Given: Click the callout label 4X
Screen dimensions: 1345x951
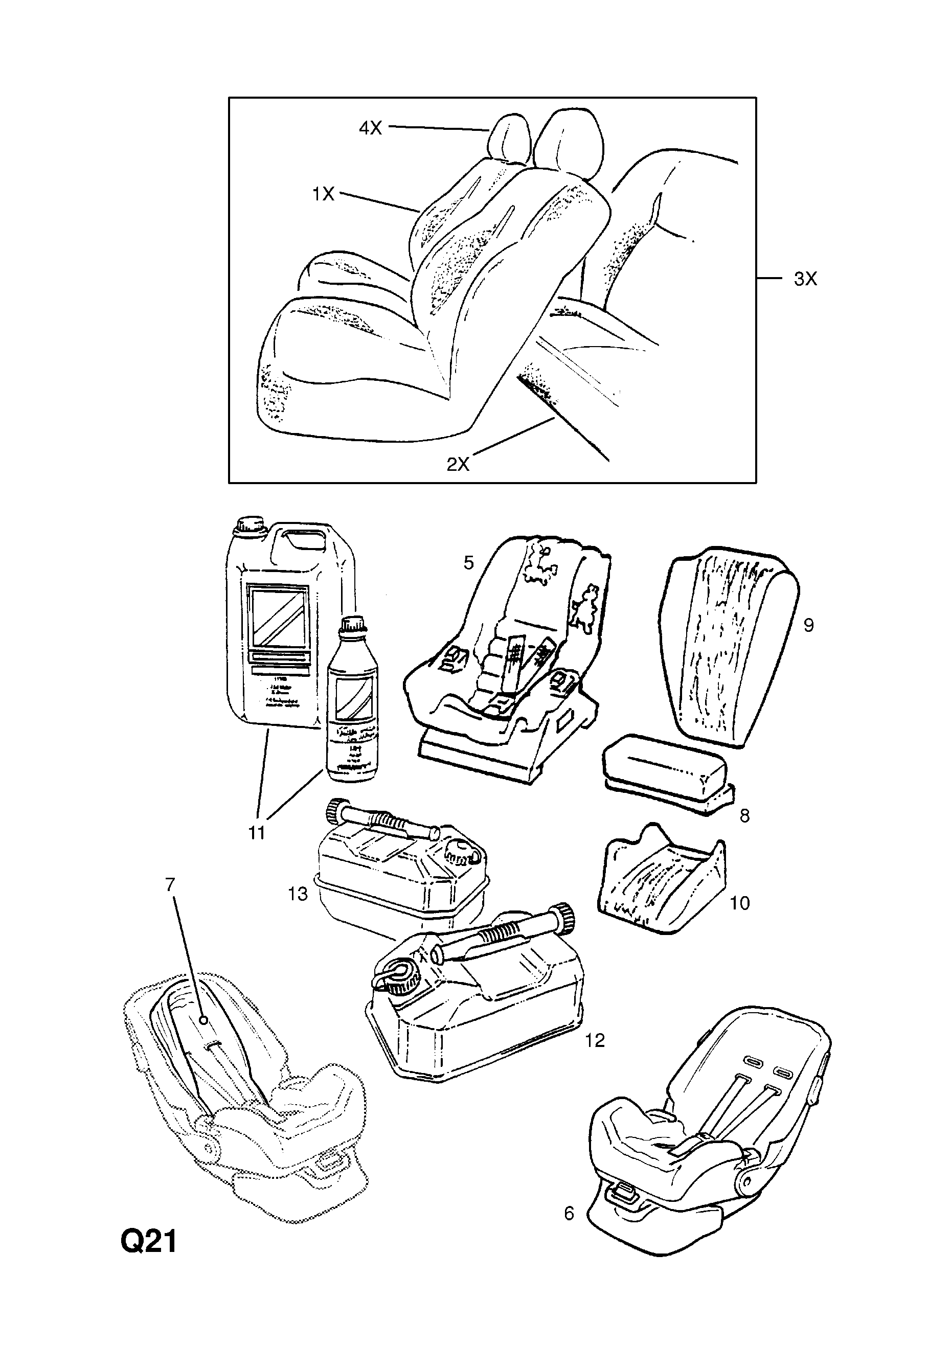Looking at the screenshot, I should (370, 128).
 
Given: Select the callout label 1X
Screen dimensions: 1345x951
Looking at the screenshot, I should (323, 193).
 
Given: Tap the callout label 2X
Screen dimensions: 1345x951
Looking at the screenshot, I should (458, 464).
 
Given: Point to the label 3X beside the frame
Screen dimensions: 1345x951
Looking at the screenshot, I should (805, 279).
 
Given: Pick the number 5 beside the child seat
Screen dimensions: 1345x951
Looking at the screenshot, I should (468, 562).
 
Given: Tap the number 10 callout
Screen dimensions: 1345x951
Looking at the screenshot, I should (739, 903).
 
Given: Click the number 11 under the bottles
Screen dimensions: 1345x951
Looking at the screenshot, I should (257, 832).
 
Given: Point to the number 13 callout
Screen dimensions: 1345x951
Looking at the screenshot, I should (298, 894).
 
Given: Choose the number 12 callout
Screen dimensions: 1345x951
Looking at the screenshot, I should (594, 1040).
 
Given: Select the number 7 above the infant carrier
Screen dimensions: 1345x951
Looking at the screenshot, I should (170, 884).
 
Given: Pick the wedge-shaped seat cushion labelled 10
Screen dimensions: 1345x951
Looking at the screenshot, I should (662, 883).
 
